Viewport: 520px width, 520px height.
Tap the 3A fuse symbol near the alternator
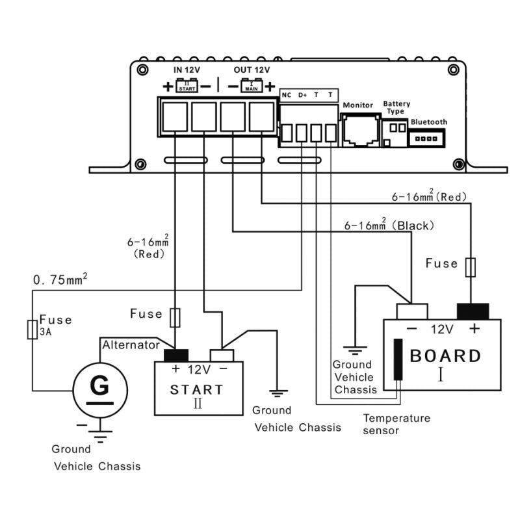click(x=32, y=330)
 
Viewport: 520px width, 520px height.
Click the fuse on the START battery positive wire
click(x=174, y=318)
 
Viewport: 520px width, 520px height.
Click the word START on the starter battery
click(x=196, y=390)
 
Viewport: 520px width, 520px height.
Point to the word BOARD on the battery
click(x=446, y=356)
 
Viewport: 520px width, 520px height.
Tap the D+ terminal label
click(x=302, y=95)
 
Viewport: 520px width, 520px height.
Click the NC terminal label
click(x=286, y=95)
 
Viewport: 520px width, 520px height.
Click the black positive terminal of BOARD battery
click(x=473, y=311)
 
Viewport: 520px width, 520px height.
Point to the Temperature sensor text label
click(x=396, y=424)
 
